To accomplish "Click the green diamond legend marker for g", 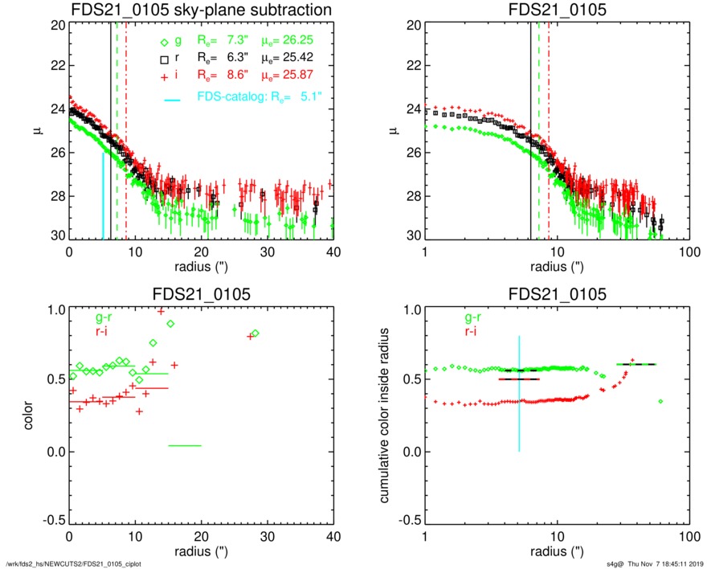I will tap(164, 43).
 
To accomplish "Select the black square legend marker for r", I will tap(164, 59).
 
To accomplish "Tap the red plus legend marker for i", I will tap(164, 76).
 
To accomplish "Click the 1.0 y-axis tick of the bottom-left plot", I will tap(55, 309).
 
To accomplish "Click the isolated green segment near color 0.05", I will tap(185, 445).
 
